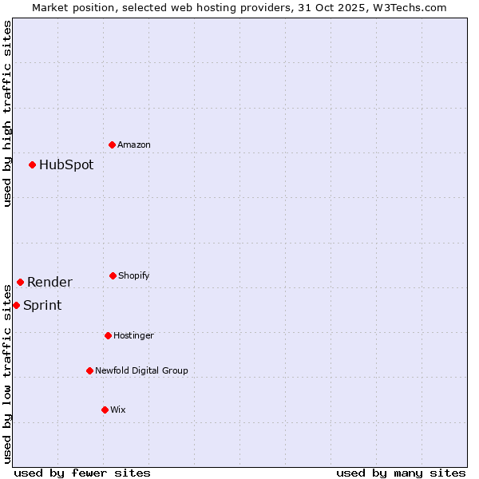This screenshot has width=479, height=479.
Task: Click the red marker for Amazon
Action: [x=113, y=144]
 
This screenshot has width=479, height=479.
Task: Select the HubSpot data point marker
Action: [x=33, y=164]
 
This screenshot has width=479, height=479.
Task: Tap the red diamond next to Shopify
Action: [x=113, y=275]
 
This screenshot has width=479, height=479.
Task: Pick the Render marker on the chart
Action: [x=21, y=282]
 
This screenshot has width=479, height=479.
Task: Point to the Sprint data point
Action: [x=17, y=305]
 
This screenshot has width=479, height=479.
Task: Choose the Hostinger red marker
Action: [x=109, y=335]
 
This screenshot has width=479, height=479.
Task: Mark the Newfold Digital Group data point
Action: [x=90, y=370]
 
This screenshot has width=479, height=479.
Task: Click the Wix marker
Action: [x=105, y=410]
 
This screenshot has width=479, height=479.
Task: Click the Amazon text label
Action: [x=134, y=144]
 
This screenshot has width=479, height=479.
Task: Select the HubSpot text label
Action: [x=66, y=165]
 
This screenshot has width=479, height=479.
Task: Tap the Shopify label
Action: [x=134, y=275]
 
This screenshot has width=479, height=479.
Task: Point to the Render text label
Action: [x=49, y=282]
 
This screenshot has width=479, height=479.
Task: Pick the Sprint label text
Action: [x=42, y=305]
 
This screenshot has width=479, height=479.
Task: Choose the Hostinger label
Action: [x=133, y=335]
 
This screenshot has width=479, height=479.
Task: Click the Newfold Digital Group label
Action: [x=141, y=370]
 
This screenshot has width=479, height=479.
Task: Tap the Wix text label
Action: [x=118, y=410]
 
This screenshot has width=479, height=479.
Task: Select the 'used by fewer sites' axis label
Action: [x=82, y=473]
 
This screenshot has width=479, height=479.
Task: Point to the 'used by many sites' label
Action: [x=401, y=473]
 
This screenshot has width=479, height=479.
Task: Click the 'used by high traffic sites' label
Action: [x=7, y=113]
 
